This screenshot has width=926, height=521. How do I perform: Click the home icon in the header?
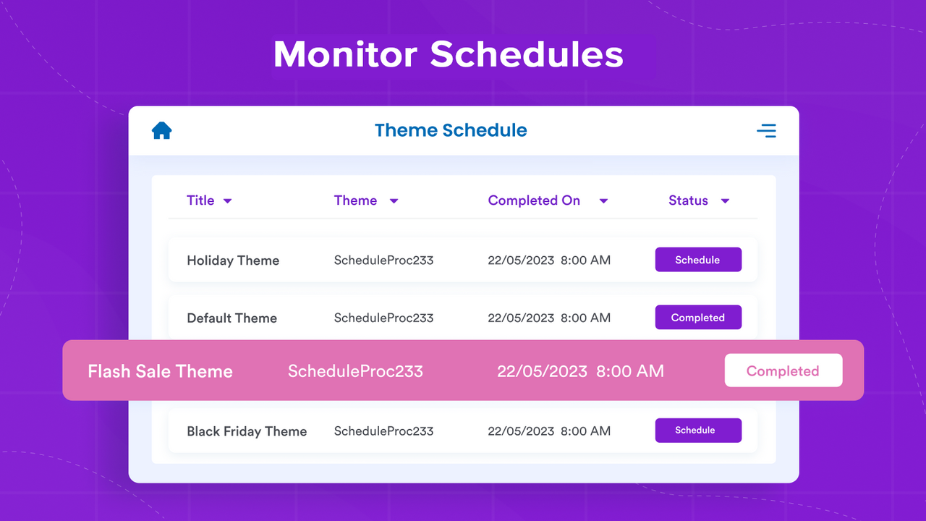[161, 131]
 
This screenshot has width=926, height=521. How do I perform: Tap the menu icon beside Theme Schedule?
[766, 131]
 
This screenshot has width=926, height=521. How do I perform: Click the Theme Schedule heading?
[450, 130]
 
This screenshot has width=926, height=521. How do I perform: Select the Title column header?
[200, 200]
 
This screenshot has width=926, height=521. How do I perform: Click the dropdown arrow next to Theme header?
[394, 201]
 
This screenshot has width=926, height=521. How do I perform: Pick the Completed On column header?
[534, 200]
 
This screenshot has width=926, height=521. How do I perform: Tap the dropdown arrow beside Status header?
[725, 201]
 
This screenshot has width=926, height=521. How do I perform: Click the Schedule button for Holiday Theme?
[698, 260]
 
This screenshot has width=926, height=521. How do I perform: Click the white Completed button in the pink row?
[783, 370]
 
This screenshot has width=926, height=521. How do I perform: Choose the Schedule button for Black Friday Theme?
[698, 431]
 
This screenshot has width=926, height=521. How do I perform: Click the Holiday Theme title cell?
[233, 260]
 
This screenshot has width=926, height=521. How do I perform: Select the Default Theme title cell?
[231, 318]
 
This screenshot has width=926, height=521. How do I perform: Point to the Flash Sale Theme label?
[160, 371]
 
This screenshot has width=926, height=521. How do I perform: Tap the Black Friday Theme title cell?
[247, 431]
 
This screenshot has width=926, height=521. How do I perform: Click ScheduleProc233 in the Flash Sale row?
[355, 371]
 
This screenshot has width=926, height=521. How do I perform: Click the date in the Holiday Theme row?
[521, 260]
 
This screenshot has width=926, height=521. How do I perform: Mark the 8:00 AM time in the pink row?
[630, 371]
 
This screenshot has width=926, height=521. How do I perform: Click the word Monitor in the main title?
[345, 55]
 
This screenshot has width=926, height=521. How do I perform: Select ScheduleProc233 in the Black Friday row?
[383, 431]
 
